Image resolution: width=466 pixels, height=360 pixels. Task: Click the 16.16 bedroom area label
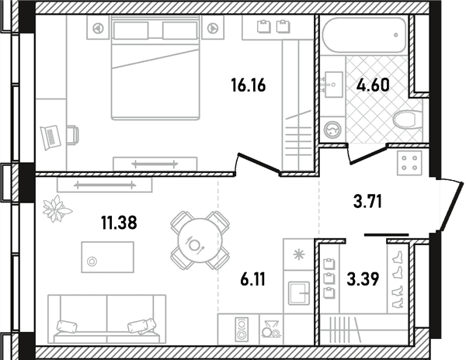(249, 85)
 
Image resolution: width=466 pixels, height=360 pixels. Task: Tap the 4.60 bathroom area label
(373, 85)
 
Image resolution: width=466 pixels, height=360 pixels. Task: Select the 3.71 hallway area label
(367, 202)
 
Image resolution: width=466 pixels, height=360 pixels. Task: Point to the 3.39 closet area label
(363, 279)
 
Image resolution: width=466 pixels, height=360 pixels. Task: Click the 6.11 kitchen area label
(252, 279)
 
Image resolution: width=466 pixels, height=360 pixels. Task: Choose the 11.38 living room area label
(119, 223)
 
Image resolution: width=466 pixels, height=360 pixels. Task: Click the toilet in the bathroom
(408, 119)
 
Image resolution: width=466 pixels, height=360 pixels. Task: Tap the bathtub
(364, 35)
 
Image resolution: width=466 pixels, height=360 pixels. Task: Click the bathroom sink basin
(333, 85)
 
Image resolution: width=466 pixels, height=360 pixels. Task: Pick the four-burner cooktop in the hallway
(409, 163)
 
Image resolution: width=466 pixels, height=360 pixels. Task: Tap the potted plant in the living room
(57, 209)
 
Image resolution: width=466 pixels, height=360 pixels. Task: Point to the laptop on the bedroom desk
(50, 137)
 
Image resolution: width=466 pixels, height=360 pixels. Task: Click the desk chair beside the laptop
(72, 135)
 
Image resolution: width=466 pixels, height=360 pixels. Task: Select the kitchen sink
(299, 293)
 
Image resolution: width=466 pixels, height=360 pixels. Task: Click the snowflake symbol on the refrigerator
(299, 254)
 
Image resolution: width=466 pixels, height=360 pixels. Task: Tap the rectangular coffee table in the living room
(108, 257)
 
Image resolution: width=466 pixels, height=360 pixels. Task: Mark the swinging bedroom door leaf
(259, 162)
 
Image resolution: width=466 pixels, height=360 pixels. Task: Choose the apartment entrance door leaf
(453, 207)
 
